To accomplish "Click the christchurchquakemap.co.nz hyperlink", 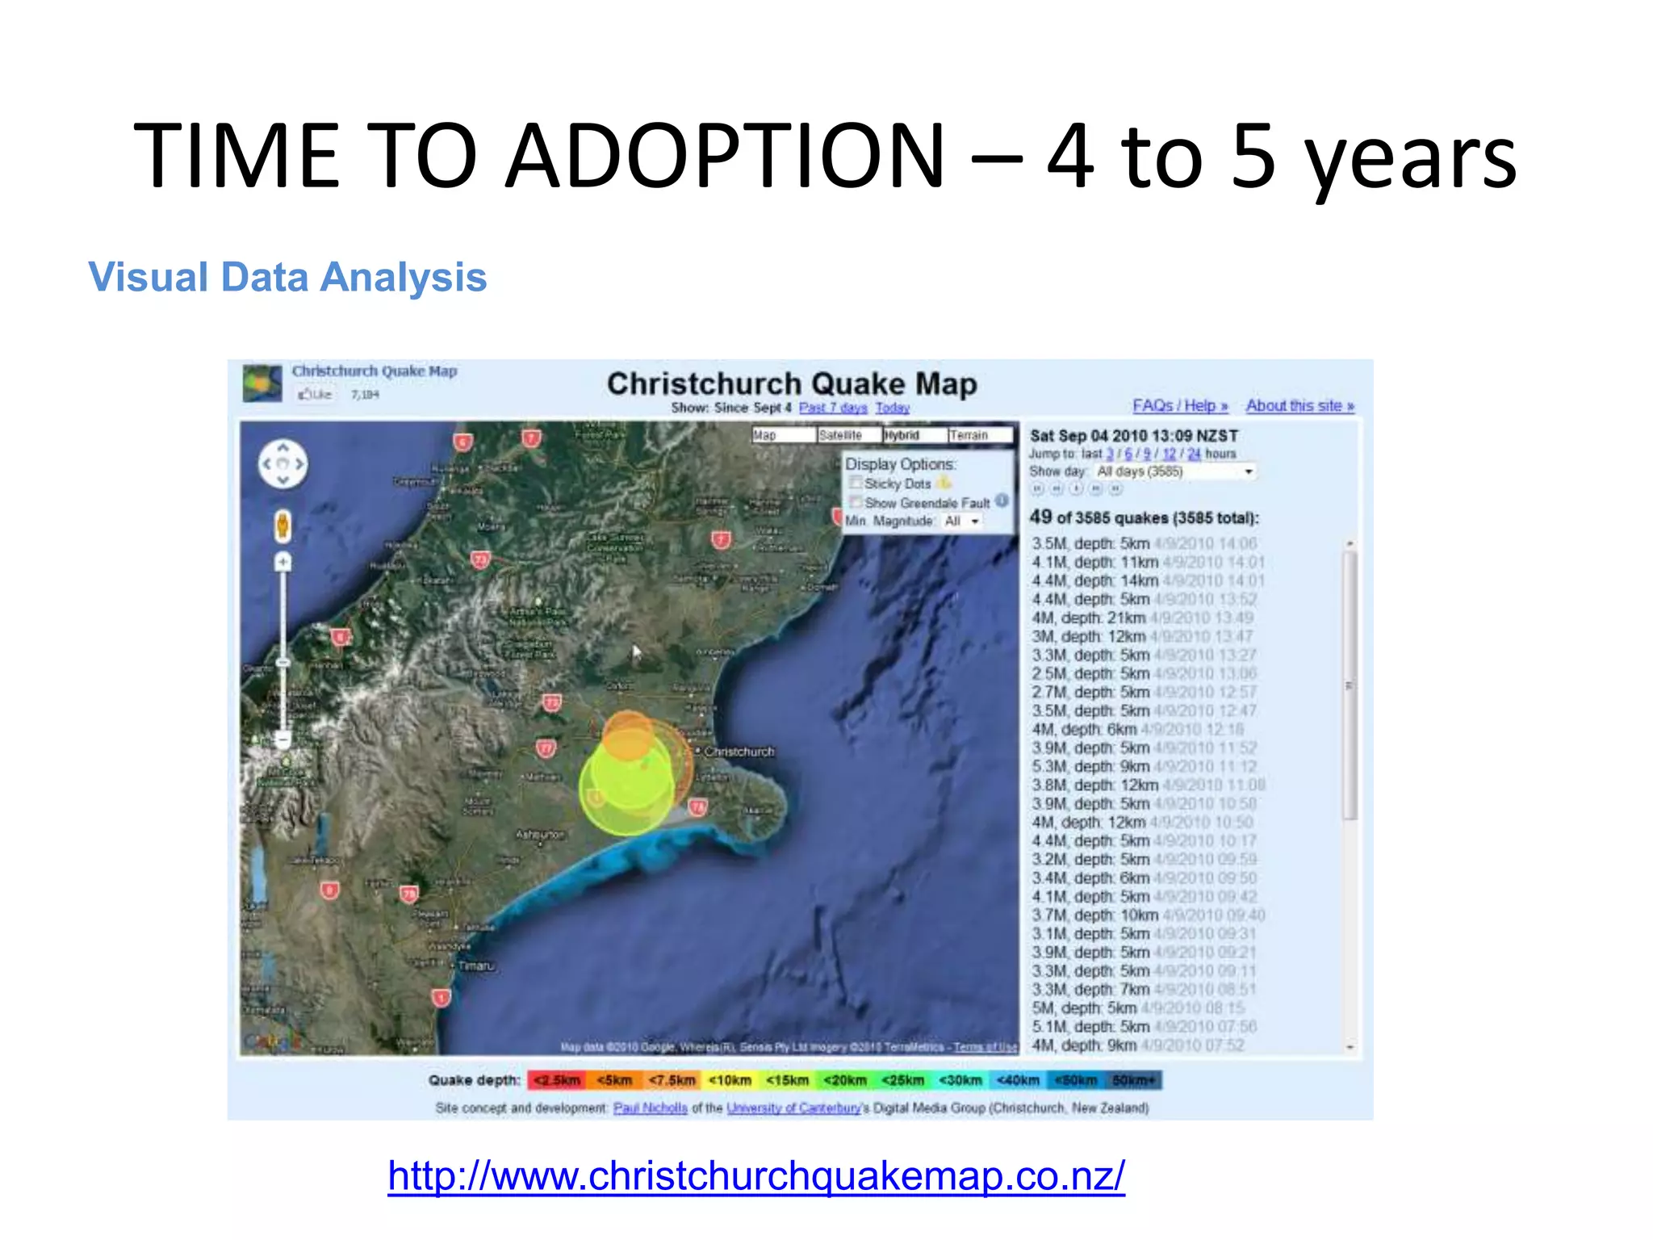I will pos(755,1175).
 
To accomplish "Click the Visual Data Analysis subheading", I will pos(287,278).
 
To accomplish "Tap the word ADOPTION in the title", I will pos(725,155).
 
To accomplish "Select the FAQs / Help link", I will pos(1179,406).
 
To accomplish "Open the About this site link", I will pos(1299,406).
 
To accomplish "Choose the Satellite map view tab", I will pos(847,435).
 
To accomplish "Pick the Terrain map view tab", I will pos(978,435).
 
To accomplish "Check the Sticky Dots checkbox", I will pos(856,483).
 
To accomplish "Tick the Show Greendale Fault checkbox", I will pos(856,502).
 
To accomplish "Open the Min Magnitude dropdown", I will pos(963,522).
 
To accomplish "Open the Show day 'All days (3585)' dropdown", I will pos(1174,471).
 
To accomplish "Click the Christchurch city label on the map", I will pos(739,752).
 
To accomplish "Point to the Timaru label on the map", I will pos(476,966).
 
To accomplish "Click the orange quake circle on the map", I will pos(627,735).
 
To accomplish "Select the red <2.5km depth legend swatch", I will pos(556,1080).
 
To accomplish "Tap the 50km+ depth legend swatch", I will pos(1134,1080).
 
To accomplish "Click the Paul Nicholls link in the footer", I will pos(650,1108).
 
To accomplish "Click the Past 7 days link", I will pos(832,408).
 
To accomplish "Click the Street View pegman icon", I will pos(282,526).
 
